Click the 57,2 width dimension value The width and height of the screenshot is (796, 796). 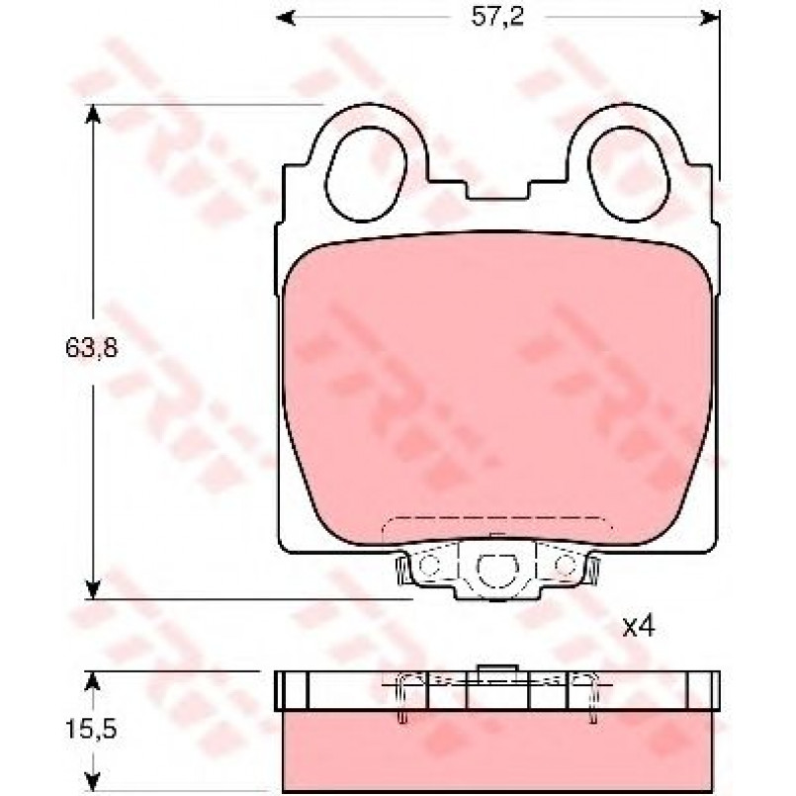tap(489, 18)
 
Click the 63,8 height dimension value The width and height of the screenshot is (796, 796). tap(91, 348)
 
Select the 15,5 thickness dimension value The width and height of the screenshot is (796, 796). tap(91, 730)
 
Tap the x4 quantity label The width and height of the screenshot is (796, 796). tap(639, 628)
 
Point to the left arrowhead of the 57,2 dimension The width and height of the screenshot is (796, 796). tap(286, 18)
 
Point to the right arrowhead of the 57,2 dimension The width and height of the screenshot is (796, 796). tap(710, 18)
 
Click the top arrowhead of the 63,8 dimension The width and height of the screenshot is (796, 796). tap(92, 115)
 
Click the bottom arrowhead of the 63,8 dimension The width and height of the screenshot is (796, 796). tap(92, 589)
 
